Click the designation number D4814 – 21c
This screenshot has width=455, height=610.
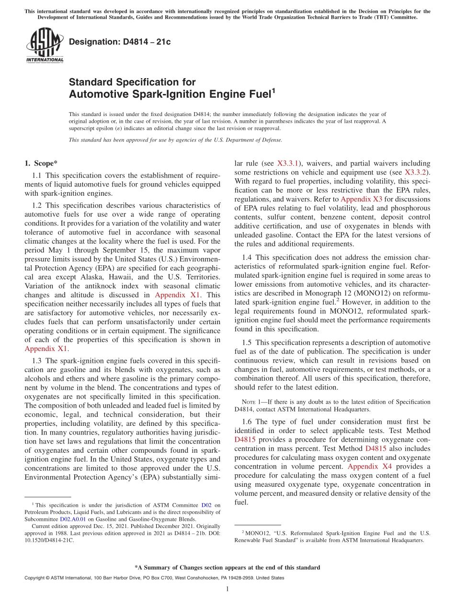(120, 42)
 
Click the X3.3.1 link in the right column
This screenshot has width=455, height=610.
(288, 164)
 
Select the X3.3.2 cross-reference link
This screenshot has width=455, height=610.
(416, 172)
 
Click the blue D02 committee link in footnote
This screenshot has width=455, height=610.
(206, 505)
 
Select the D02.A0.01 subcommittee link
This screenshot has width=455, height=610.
(73, 519)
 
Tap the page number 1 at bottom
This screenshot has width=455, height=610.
(227, 589)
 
